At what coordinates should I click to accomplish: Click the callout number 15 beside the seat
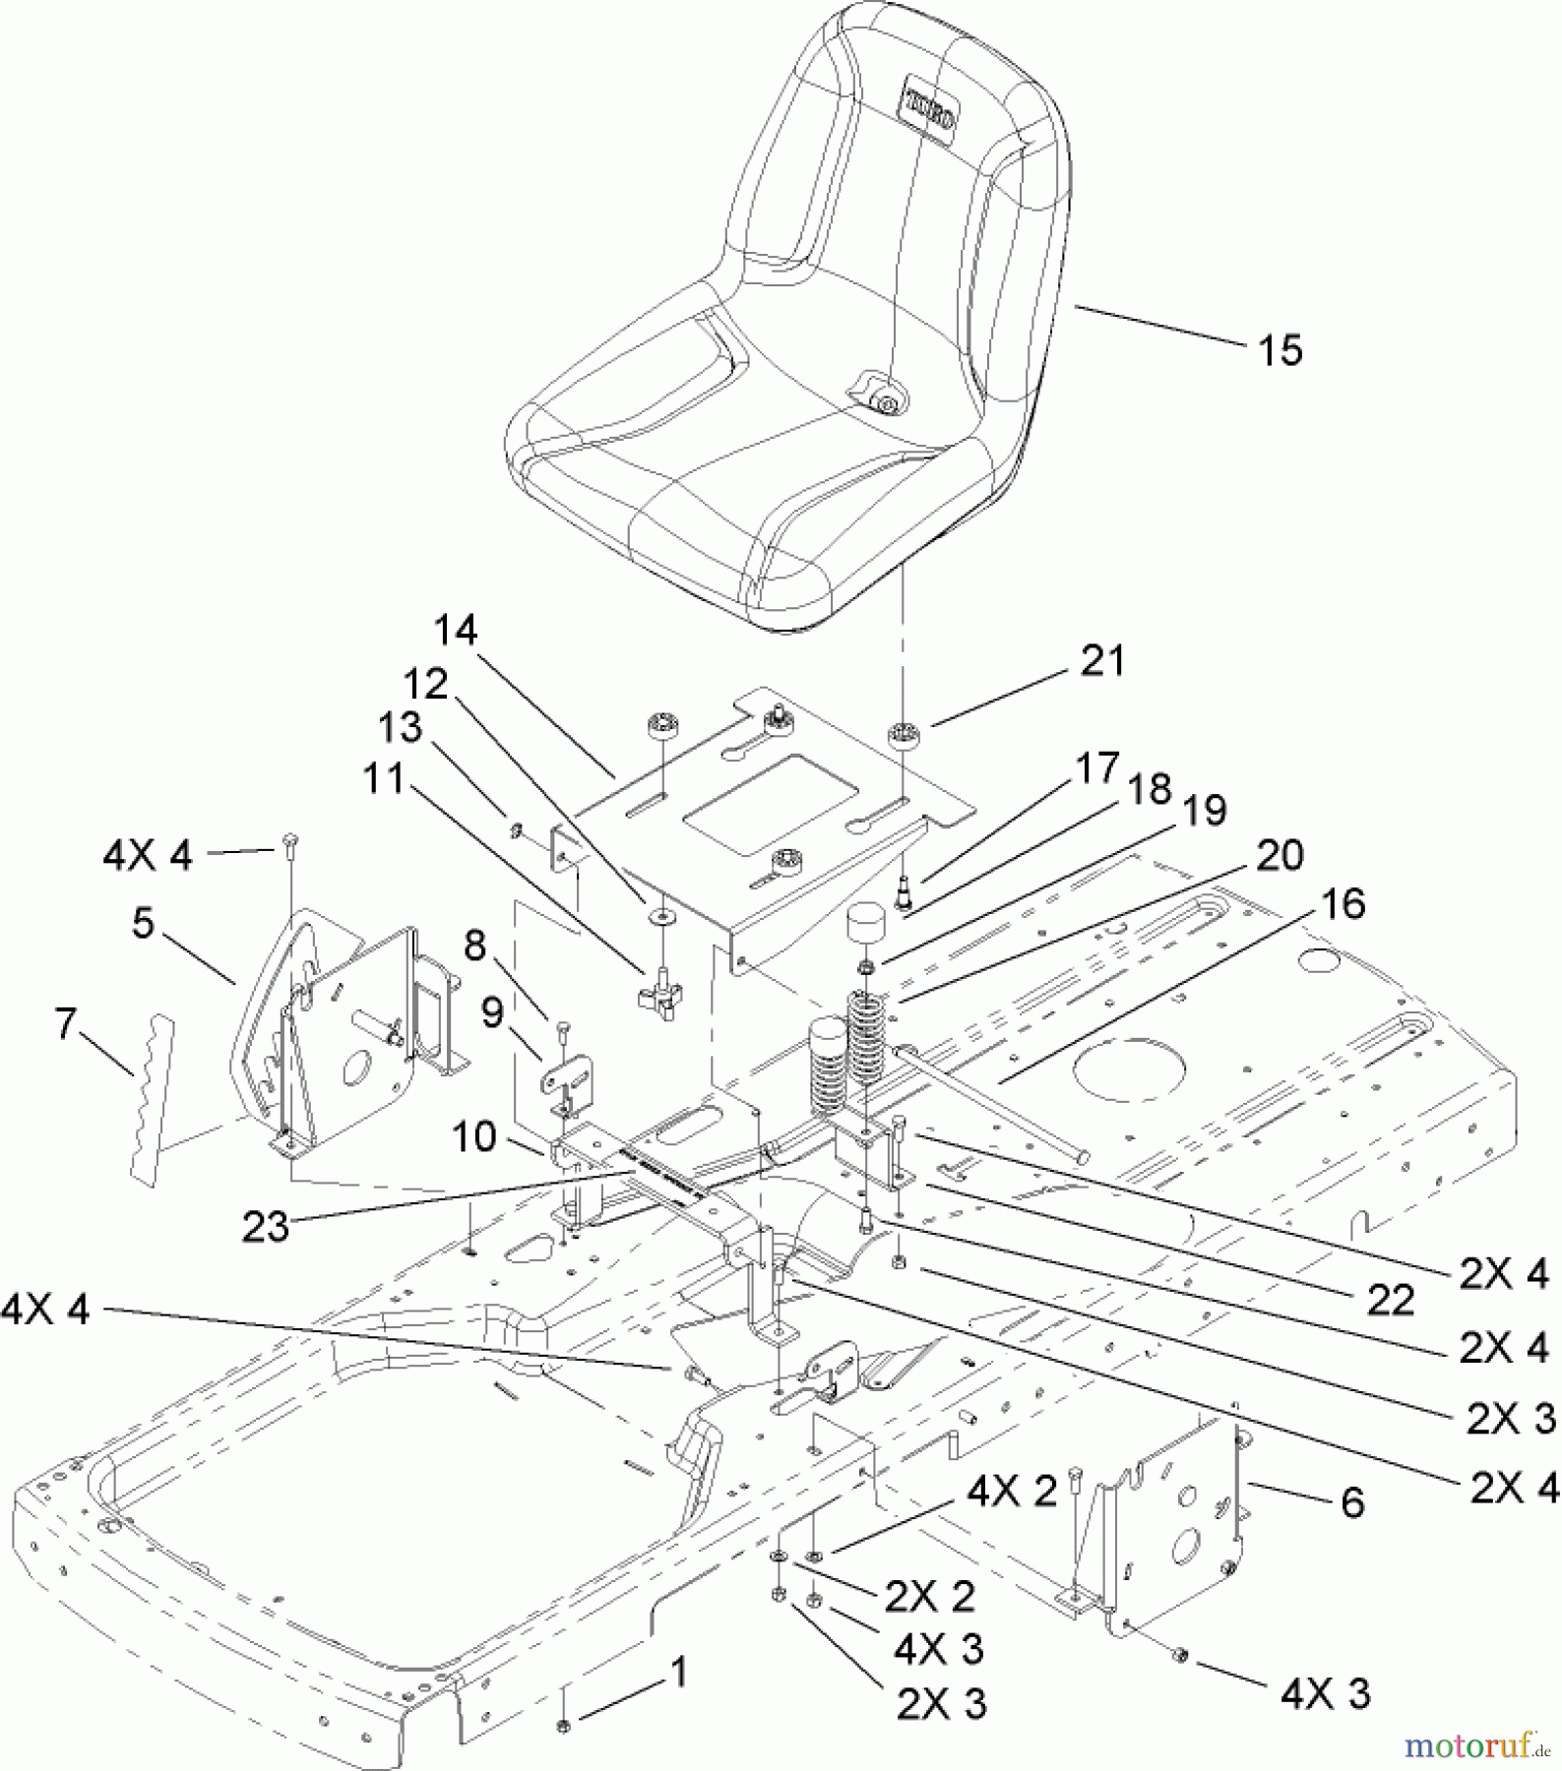(x=1281, y=350)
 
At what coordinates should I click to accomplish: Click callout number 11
(x=384, y=779)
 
